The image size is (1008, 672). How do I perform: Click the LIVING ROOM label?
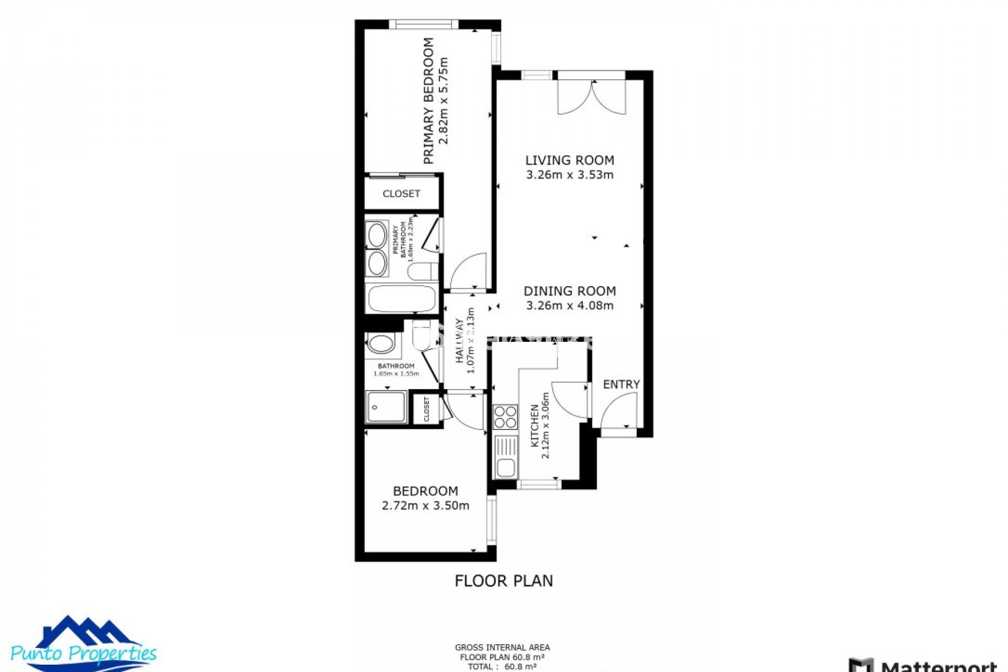point(570,160)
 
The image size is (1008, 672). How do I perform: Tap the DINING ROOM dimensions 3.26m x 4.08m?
point(570,306)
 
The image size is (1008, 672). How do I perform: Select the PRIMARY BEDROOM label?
point(429,101)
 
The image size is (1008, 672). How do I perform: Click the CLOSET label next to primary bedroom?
point(402,194)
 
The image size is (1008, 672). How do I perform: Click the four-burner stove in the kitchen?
point(505,417)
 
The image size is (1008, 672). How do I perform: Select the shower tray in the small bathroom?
point(386,407)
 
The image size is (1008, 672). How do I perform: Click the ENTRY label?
point(621,384)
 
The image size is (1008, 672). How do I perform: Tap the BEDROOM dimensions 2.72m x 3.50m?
point(425,506)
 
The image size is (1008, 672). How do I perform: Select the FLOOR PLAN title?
point(503,581)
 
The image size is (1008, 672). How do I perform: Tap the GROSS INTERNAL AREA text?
point(502,647)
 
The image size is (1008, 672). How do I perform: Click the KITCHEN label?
point(534,425)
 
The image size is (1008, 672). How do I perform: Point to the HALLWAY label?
point(460,341)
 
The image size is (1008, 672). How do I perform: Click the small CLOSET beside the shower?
point(426,409)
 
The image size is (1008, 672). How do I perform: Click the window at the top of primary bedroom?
point(423,24)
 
